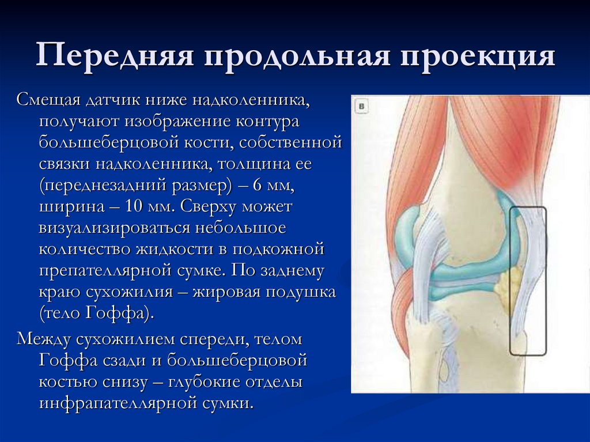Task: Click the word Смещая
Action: [x=48, y=102]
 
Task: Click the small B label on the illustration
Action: [x=362, y=106]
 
